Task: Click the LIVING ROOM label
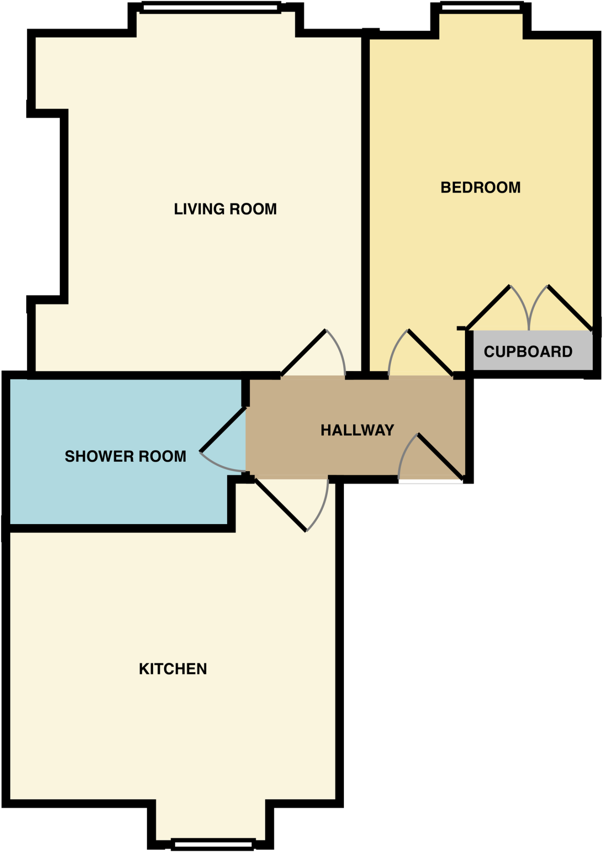tap(225, 209)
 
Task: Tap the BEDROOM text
tap(480, 188)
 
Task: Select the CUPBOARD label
tap(528, 352)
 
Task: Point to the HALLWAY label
tap(357, 430)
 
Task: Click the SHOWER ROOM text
tap(125, 456)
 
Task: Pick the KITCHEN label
tap(173, 669)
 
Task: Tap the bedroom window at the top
tap(480, 7)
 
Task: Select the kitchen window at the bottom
tap(213, 845)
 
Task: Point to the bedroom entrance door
tap(430, 353)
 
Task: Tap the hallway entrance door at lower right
tap(440, 456)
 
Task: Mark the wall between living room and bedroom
tap(366, 200)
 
